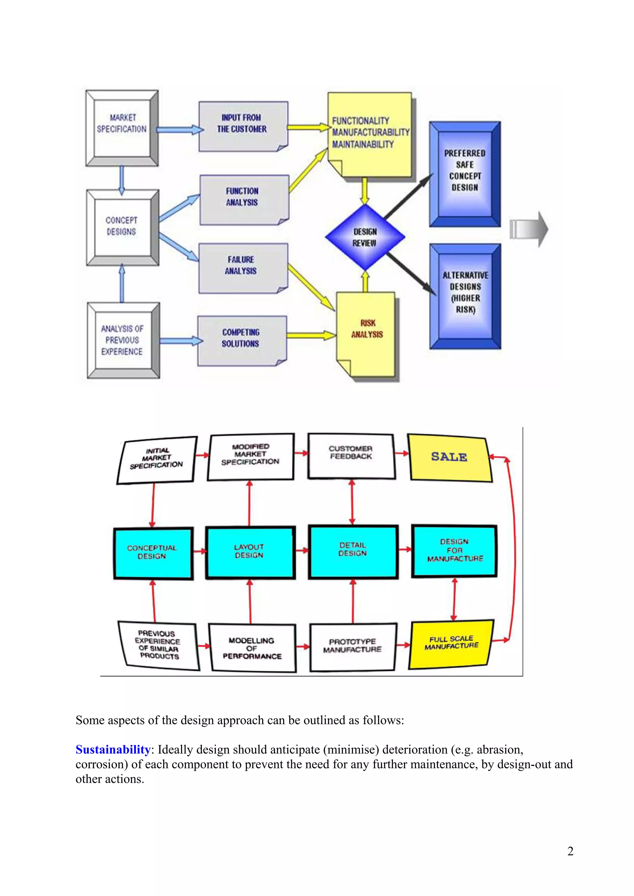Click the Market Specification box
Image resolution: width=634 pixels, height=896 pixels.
[x=122, y=128]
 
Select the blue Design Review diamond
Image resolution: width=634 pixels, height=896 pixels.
[x=365, y=237]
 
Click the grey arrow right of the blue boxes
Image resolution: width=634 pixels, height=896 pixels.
[x=529, y=229]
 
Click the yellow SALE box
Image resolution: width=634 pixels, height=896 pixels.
[x=449, y=457]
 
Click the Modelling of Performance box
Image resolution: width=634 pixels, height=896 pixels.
[x=252, y=648]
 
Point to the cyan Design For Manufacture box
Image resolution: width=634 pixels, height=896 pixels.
[x=454, y=551]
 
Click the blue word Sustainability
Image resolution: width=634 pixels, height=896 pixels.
[x=113, y=750]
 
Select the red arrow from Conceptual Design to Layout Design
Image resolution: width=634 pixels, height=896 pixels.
[x=200, y=551]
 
